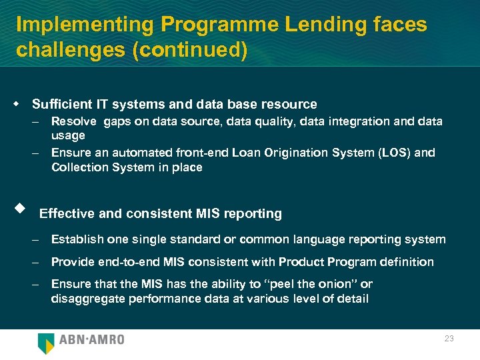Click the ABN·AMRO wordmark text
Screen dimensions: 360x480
point(91,340)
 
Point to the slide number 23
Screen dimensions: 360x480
point(449,339)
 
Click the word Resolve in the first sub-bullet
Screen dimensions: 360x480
point(73,121)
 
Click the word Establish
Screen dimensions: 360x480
point(75,239)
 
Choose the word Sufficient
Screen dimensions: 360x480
point(62,104)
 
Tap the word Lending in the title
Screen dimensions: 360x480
point(319,25)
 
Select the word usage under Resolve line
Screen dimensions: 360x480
point(68,136)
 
